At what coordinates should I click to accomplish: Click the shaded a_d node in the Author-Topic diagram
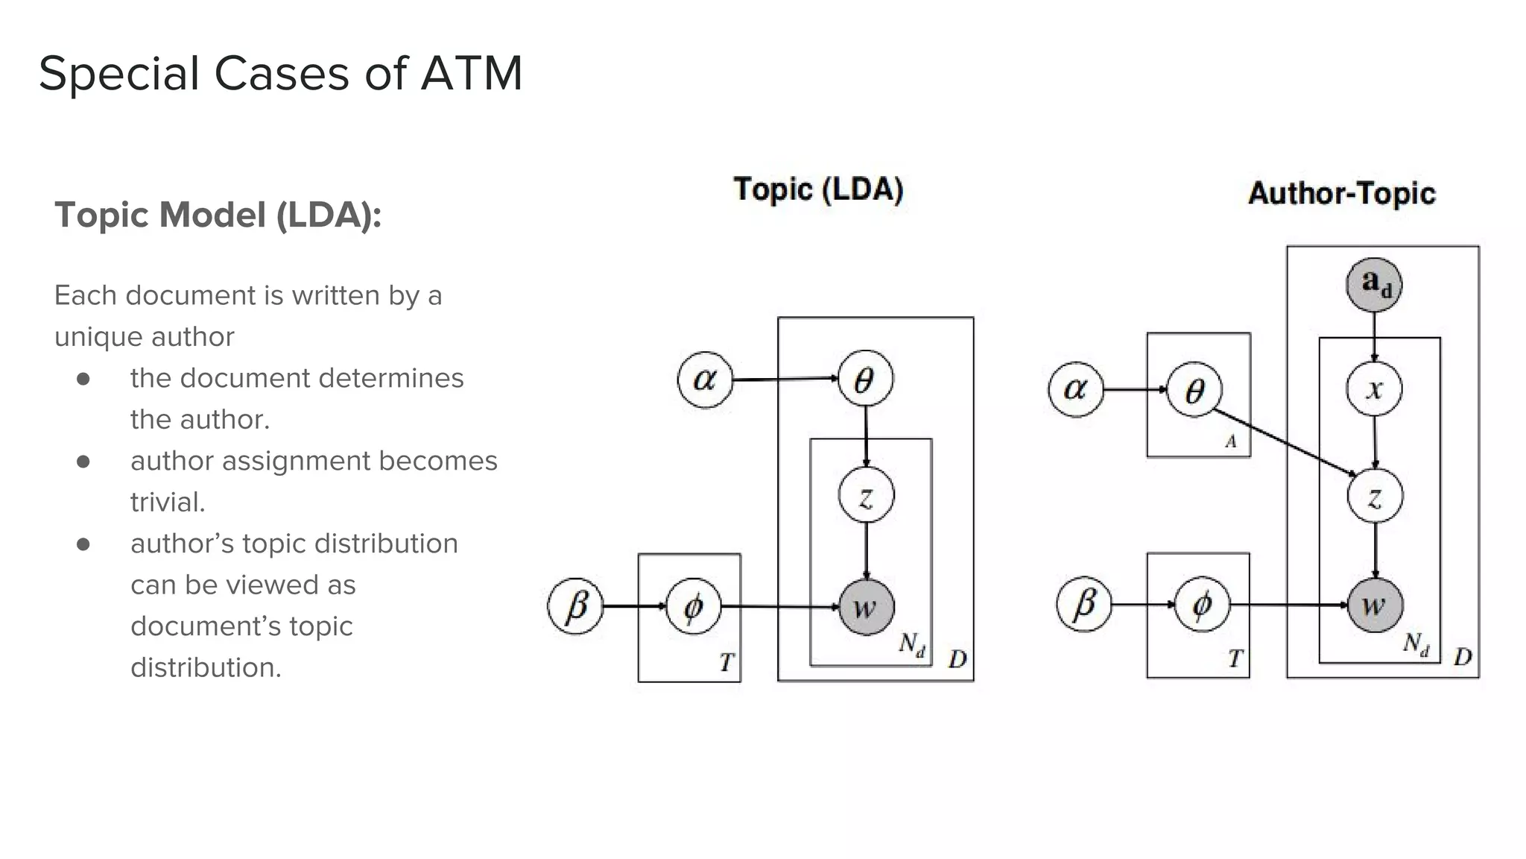pyautogui.click(x=1374, y=284)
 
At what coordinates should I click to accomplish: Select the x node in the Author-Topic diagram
pyautogui.click(x=1375, y=388)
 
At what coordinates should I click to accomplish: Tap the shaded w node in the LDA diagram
pyautogui.click(x=866, y=607)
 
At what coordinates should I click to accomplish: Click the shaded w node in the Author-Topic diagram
pyautogui.click(x=1375, y=605)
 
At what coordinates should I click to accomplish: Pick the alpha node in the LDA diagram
pyautogui.click(x=705, y=380)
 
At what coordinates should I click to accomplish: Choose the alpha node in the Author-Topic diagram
pyautogui.click(x=1075, y=388)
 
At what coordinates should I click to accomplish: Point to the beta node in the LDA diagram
pyautogui.click(x=575, y=606)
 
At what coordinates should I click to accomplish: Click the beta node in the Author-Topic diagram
pyautogui.click(x=1084, y=604)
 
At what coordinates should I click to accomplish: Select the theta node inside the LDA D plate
pyautogui.click(x=865, y=380)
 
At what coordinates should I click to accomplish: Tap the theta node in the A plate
pyautogui.click(x=1194, y=390)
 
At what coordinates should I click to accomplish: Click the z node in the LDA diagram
pyautogui.click(x=866, y=495)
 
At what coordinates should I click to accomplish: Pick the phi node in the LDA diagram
pyautogui.click(x=693, y=607)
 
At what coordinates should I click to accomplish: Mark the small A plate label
pyautogui.click(x=1231, y=441)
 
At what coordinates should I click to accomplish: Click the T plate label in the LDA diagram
pyautogui.click(x=726, y=661)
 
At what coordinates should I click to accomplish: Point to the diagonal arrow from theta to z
pyautogui.click(x=1282, y=441)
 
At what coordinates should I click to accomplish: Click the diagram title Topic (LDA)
pyautogui.click(x=818, y=189)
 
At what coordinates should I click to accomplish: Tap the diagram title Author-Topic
pyautogui.click(x=1341, y=193)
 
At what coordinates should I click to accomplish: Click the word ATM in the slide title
pyautogui.click(x=471, y=74)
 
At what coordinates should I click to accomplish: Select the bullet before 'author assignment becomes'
pyautogui.click(x=83, y=462)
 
